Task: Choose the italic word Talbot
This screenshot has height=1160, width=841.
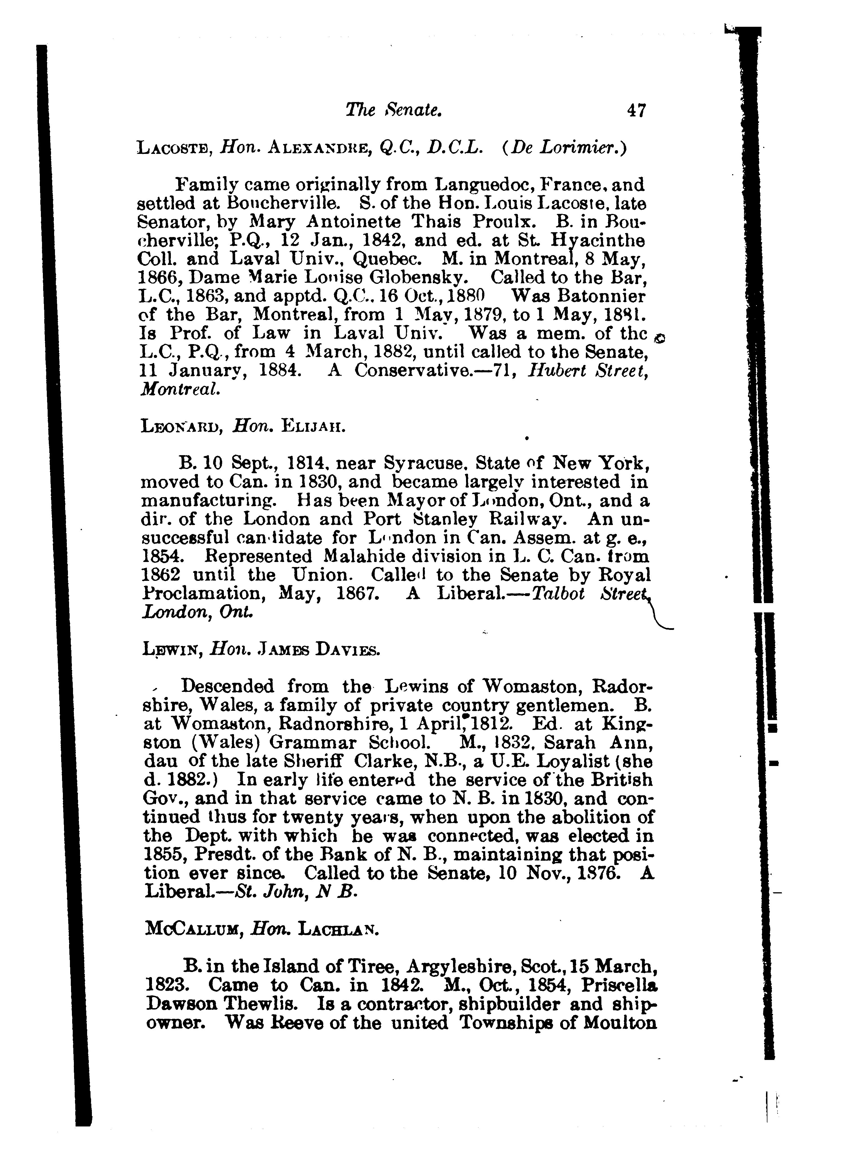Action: (559, 593)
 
